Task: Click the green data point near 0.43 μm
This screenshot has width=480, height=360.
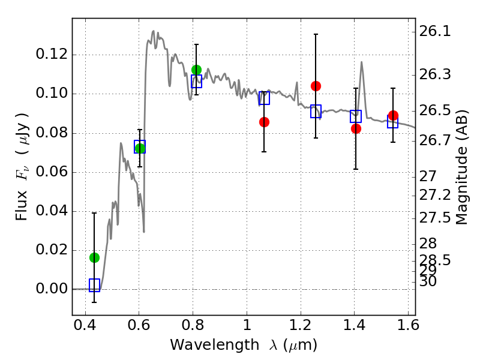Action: pyautogui.click(x=94, y=258)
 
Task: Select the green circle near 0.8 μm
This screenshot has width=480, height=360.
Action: pyautogui.click(x=197, y=70)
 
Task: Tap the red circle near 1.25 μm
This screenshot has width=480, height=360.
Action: pyautogui.click(x=316, y=86)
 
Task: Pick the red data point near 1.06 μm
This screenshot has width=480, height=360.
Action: pyautogui.click(x=264, y=122)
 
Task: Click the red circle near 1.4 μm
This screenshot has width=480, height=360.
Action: pyautogui.click(x=356, y=128)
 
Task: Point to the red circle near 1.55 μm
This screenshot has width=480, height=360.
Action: pyautogui.click(x=393, y=115)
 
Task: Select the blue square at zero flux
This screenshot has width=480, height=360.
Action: pyautogui.click(x=94, y=285)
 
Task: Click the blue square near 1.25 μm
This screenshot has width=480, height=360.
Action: pyautogui.click(x=316, y=111)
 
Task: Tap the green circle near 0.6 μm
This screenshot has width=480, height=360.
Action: pyautogui.click(x=140, y=148)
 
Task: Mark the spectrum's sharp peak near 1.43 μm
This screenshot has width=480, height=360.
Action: pyautogui.click(x=362, y=62)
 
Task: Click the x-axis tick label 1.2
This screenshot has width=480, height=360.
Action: pyautogui.click(x=301, y=325)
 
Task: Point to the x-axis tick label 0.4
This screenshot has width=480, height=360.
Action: pyautogui.click(x=85, y=325)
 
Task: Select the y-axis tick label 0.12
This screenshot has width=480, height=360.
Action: pyautogui.click(x=52, y=54)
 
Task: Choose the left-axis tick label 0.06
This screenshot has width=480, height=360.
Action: pyautogui.click(x=52, y=172)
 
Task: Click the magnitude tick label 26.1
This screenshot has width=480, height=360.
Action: pyautogui.click(x=434, y=31)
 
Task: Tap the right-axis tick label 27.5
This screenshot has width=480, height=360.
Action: pyautogui.click(x=434, y=218)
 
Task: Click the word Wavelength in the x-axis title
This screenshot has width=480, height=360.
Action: pyautogui.click(x=215, y=345)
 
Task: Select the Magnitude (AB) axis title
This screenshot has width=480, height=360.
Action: pyautogui.click(x=462, y=167)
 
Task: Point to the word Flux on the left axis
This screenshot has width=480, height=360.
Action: pyautogui.click(x=22, y=205)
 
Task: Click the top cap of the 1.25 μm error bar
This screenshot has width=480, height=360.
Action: pyautogui.click(x=316, y=34)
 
